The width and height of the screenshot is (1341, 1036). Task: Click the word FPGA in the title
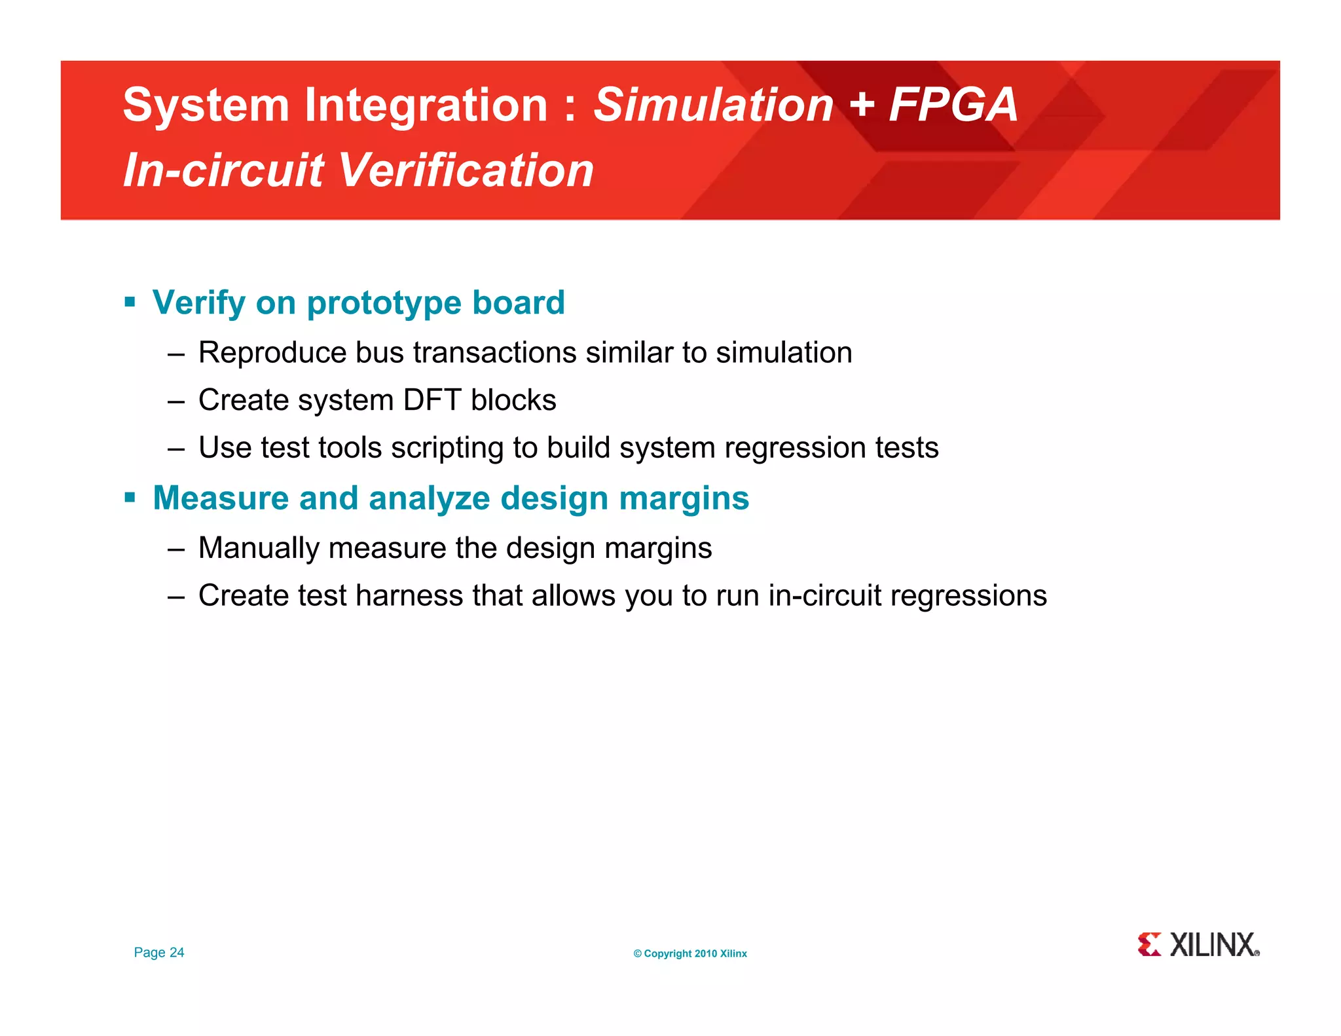point(953,105)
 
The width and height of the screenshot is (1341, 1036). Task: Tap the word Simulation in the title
point(712,105)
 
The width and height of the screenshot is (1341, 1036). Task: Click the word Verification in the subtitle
point(466,170)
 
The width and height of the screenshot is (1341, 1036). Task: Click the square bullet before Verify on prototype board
point(130,303)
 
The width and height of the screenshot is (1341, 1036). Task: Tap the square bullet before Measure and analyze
point(130,498)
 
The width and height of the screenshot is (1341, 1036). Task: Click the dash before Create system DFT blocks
point(175,401)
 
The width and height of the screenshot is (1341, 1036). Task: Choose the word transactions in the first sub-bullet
point(495,352)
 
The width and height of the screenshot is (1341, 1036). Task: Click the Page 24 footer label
point(159,952)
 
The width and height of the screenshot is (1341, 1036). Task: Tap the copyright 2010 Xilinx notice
point(690,953)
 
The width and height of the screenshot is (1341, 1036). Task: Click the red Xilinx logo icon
point(1149,944)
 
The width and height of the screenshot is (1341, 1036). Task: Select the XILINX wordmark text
point(1213,944)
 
